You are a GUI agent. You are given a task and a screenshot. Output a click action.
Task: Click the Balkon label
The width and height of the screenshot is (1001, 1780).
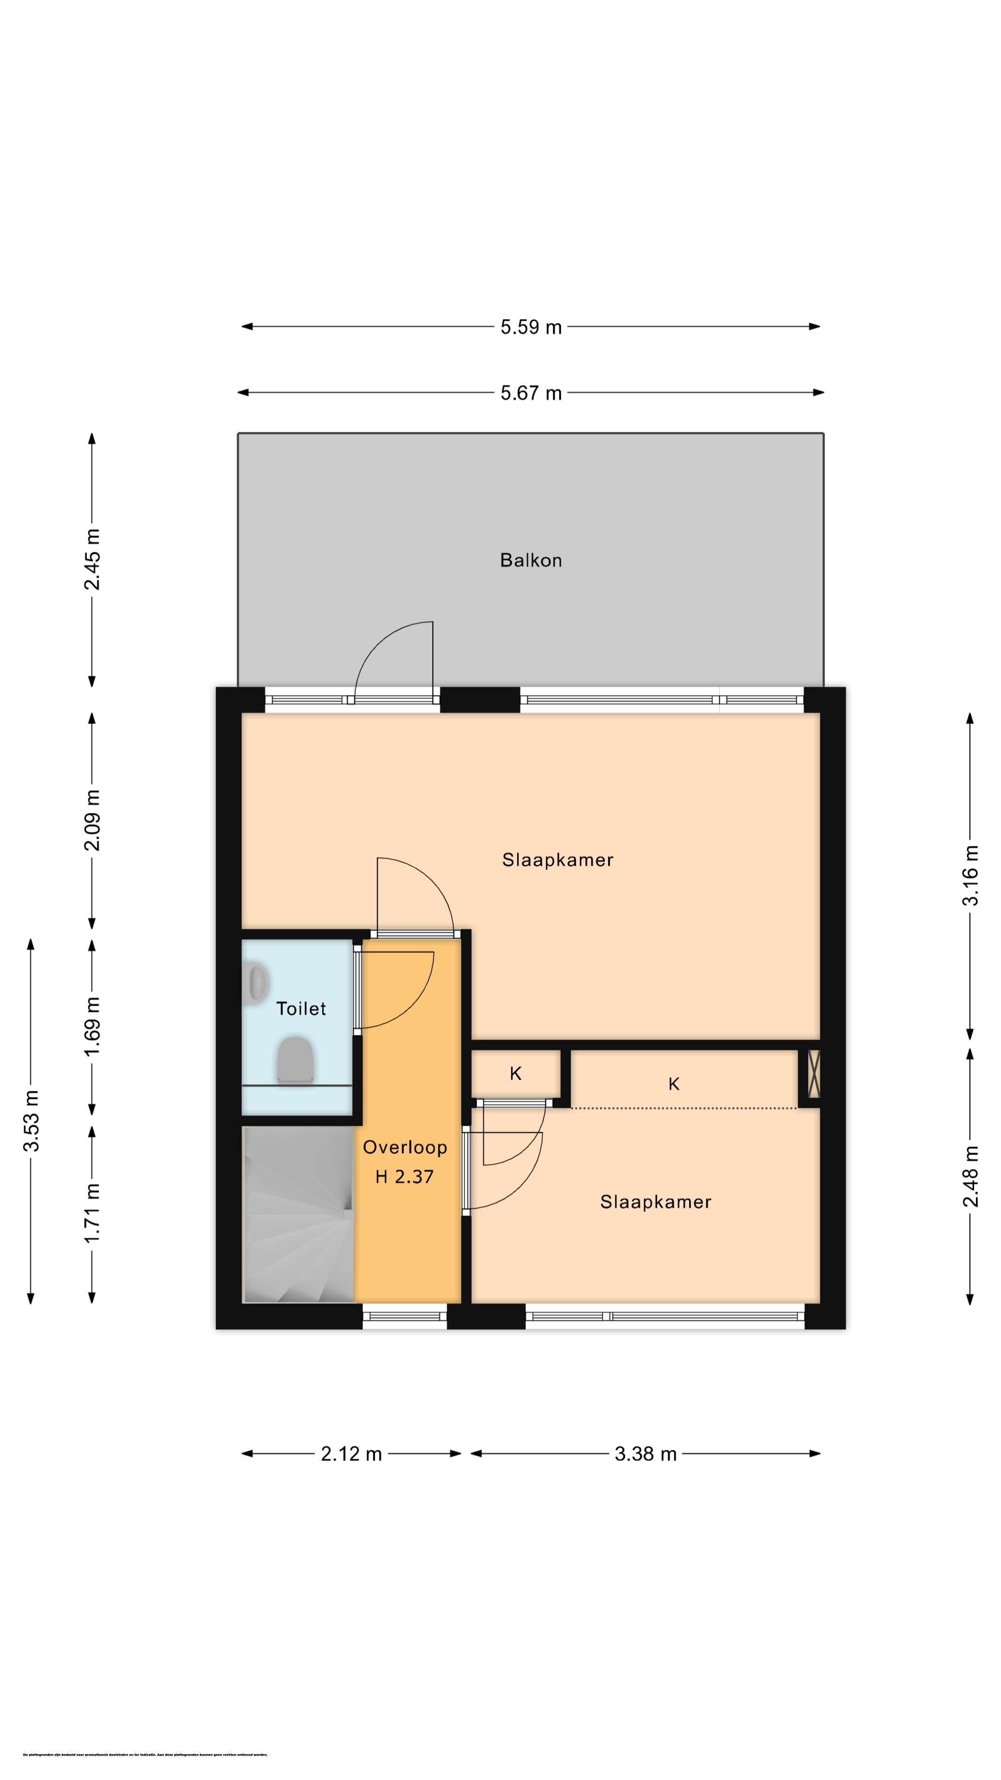tap(531, 559)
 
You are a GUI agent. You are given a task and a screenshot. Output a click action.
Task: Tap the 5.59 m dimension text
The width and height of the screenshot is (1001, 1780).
tap(531, 327)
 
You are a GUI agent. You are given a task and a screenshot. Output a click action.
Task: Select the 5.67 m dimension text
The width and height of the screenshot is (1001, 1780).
tap(531, 393)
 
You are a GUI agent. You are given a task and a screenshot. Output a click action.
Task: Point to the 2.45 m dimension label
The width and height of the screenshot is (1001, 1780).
tap(92, 559)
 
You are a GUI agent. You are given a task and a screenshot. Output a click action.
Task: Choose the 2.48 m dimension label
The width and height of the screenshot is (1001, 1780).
tap(970, 1176)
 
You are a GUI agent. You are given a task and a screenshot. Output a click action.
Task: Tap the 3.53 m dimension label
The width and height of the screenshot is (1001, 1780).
tap(31, 1121)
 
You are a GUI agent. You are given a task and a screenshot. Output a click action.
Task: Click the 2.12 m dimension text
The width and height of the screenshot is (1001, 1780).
tap(351, 1454)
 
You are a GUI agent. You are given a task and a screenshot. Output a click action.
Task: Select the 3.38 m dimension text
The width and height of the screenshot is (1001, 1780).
tap(645, 1454)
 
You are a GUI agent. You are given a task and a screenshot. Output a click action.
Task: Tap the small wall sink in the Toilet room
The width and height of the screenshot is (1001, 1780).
tap(257, 982)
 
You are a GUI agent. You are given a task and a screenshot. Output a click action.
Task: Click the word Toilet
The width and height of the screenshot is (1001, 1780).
tap(301, 1008)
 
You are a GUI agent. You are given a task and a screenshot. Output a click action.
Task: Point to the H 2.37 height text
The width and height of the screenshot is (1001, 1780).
tap(404, 1176)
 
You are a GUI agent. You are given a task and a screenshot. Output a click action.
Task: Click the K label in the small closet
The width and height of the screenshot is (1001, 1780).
tap(515, 1073)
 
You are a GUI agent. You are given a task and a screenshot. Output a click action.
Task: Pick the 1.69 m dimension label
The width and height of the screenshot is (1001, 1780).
tap(92, 1026)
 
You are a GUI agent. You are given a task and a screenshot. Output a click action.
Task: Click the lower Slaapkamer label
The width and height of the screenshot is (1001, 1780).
tap(655, 1201)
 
